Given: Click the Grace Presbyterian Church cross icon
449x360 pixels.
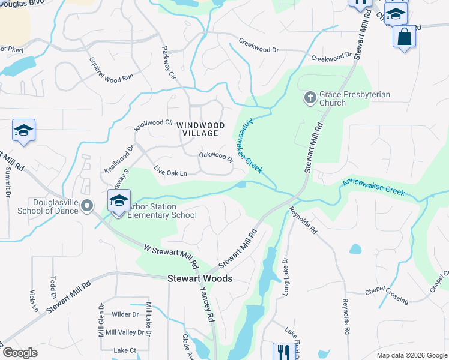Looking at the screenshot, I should tap(310, 97).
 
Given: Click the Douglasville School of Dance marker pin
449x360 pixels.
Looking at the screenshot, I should tap(87, 206).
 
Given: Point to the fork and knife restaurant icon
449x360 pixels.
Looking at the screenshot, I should tap(282, 351).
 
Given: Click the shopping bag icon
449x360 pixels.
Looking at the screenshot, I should tap(404, 37).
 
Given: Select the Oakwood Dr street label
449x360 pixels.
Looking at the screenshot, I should tap(216, 157).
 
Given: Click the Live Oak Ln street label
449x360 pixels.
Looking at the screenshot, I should tap(170, 171).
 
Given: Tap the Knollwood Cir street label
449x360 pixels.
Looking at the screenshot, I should tap(154, 125).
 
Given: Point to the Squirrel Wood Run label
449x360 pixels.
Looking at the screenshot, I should tap(111, 70).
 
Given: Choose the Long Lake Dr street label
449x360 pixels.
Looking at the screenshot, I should tap(286, 277).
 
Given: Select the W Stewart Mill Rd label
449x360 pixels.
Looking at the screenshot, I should tap(171, 256).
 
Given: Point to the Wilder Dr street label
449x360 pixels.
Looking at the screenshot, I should tap(125, 314).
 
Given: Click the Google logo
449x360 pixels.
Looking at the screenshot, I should tap(20, 353).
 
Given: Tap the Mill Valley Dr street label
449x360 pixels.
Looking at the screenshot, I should tap(123, 332).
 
